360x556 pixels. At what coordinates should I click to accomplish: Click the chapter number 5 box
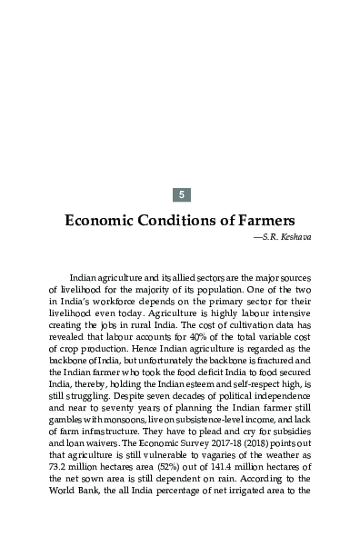pyautogui.click(x=182, y=194)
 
